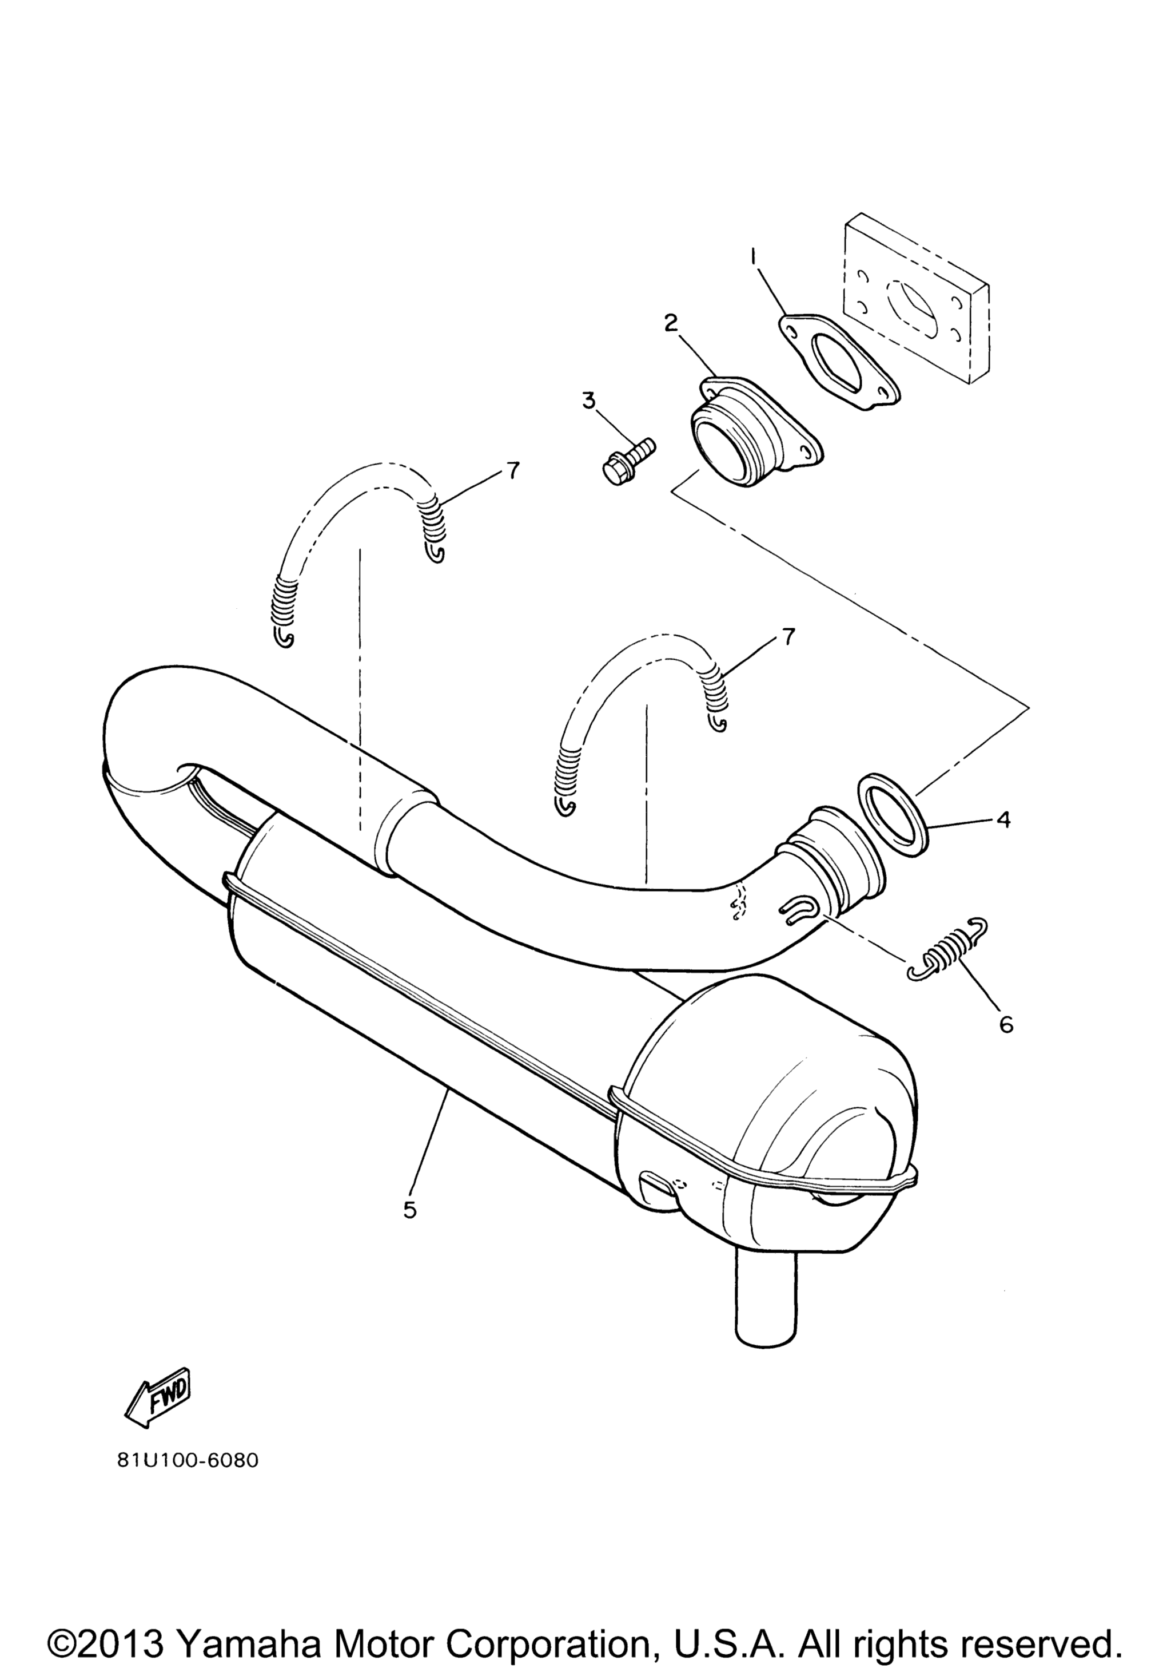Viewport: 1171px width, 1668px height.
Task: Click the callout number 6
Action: click(1006, 1024)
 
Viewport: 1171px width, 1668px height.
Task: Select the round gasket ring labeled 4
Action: click(892, 815)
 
